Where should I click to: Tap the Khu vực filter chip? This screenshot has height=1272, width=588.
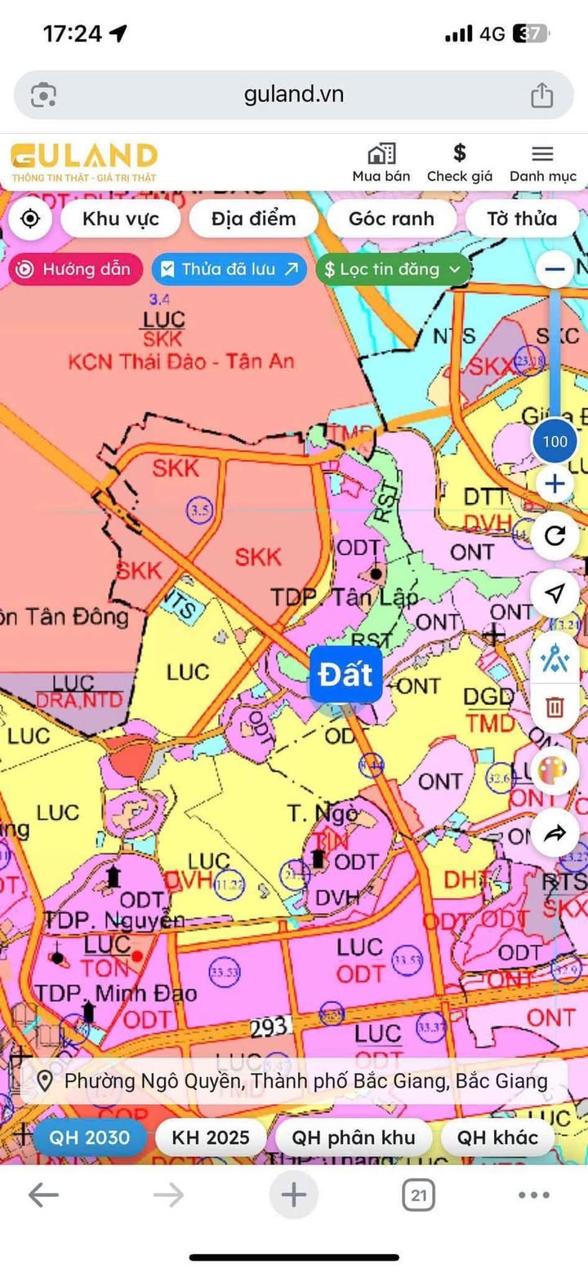click(x=121, y=219)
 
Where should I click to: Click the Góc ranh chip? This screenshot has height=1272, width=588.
click(x=391, y=219)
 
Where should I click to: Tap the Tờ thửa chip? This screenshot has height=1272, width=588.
click(x=522, y=219)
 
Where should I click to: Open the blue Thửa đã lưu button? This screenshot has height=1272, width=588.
click(x=229, y=269)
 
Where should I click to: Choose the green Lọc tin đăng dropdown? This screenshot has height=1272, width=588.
click(x=393, y=269)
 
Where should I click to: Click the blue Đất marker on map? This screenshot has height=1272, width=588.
click(x=345, y=675)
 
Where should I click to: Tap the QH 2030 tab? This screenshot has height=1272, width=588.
click(x=89, y=1137)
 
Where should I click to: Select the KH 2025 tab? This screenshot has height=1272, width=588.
click(x=210, y=1137)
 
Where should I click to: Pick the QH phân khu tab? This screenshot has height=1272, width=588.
click(x=354, y=1137)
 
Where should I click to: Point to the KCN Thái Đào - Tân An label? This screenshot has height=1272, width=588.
click(x=180, y=361)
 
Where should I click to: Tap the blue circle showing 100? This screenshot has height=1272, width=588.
click(x=555, y=442)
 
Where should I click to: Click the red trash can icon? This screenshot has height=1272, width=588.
click(x=555, y=706)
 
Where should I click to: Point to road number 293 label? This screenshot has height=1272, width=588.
click(x=269, y=1027)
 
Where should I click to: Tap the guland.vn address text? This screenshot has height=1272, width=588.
click(x=294, y=95)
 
